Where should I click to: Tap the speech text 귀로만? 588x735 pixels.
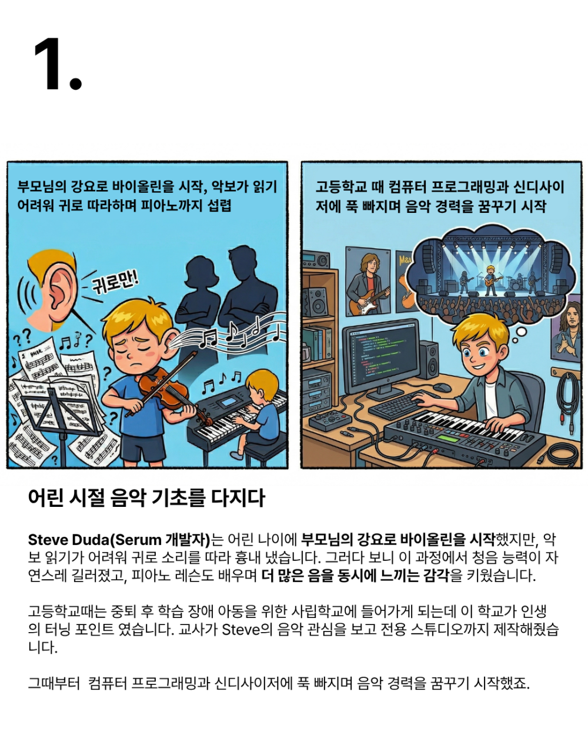pos(115,282)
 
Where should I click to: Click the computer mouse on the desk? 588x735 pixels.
pos(442,387)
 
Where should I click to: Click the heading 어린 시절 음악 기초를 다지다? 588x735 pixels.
pos(146,498)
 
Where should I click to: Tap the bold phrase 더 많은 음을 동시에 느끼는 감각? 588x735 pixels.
pos(355,576)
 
